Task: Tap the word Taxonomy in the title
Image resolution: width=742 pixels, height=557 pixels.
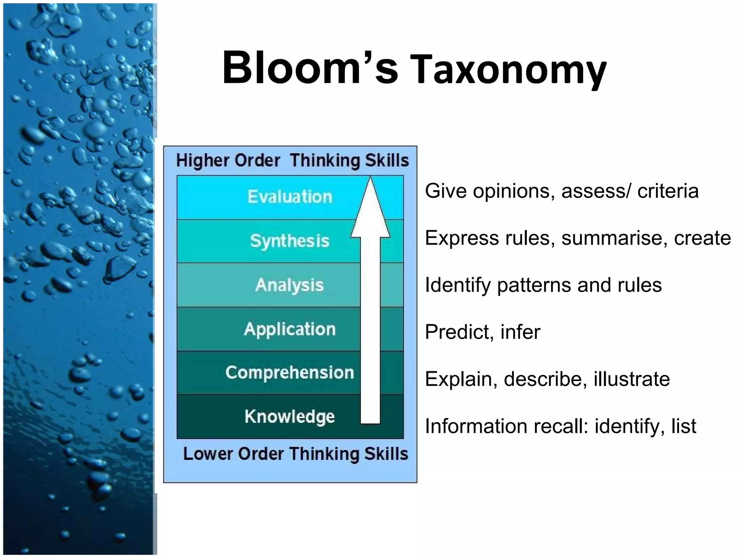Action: click(509, 71)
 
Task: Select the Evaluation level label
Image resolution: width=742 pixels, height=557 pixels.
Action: click(290, 197)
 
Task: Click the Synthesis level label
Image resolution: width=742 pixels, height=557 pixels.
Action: click(290, 241)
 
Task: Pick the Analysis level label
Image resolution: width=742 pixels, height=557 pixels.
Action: click(289, 285)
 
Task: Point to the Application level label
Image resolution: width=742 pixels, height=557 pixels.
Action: click(290, 329)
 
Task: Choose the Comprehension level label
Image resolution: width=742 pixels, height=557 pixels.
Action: click(289, 373)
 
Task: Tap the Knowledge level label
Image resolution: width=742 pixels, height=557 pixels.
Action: click(289, 416)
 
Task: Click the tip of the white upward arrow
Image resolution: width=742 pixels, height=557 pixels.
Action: click(370, 178)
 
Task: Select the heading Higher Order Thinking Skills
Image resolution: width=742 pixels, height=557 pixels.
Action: click(292, 160)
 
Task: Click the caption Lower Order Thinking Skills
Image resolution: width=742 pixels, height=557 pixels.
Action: click(296, 454)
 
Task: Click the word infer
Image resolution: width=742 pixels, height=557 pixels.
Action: click(520, 332)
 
